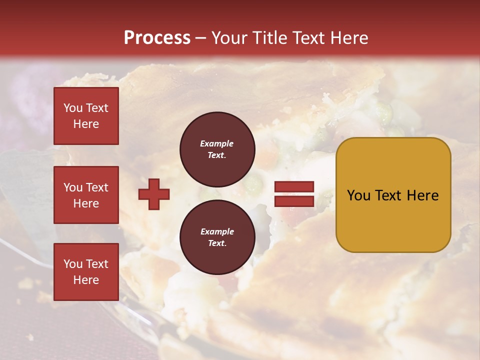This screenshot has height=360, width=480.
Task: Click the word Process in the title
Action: [x=157, y=38]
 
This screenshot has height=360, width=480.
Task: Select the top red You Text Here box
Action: [x=86, y=116]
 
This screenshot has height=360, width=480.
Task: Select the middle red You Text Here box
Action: [x=86, y=195]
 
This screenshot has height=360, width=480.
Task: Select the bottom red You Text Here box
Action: [x=86, y=272]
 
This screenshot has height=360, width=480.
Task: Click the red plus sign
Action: [x=154, y=194]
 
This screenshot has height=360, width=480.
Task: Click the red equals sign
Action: [x=294, y=194]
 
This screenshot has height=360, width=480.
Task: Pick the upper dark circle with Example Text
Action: [x=217, y=149]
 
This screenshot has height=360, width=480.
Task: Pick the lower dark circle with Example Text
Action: [x=217, y=237]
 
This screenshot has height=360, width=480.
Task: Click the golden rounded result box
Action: [x=393, y=194]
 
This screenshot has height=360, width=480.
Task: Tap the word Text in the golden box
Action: [x=389, y=195]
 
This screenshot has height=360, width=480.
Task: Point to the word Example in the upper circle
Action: [x=217, y=143]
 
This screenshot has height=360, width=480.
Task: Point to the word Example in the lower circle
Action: [x=217, y=231]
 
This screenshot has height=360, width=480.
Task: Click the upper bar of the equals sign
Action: [x=294, y=187]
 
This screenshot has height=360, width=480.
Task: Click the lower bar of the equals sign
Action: [x=294, y=201]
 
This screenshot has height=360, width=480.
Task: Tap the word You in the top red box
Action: [x=73, y=108]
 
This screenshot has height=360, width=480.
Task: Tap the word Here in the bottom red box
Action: [x=86, y=280]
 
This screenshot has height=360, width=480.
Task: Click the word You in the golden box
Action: [x=358, y=195]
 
